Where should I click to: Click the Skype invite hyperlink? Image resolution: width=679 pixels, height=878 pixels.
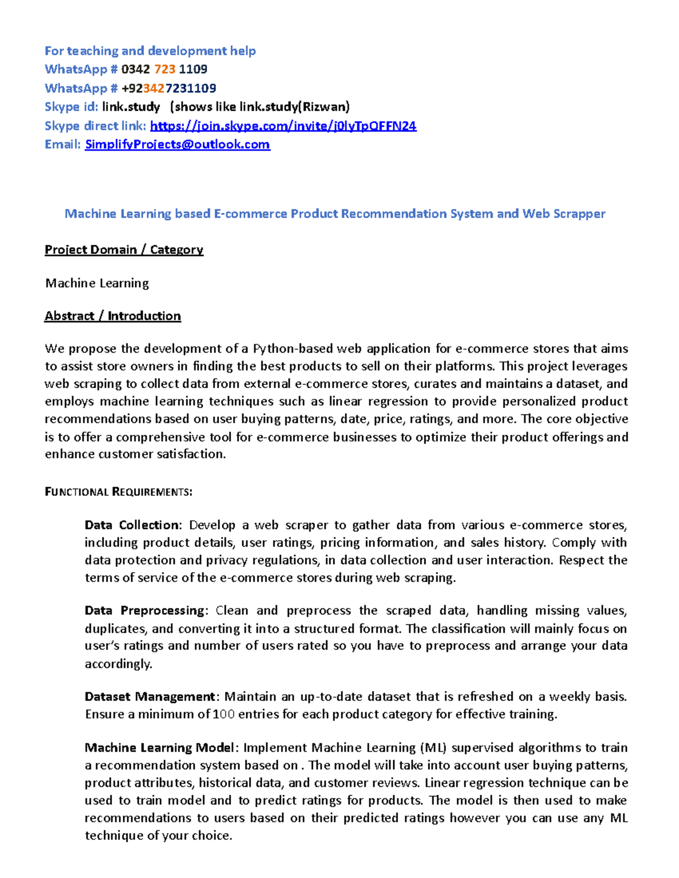(x=283, y=126)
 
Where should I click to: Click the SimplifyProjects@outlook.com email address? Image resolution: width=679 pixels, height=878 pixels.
(x=177, y=145)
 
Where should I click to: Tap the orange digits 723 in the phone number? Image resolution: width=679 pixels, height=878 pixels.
(x=165, y=70)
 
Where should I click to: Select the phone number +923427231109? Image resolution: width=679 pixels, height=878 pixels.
(x=169, y=88)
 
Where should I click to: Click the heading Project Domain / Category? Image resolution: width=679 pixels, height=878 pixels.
(x=124, y=250)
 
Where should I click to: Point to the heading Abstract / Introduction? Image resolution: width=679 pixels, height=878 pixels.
(x=113, y=316)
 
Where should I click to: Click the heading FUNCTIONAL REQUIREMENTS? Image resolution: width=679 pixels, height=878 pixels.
(x=118, y=492)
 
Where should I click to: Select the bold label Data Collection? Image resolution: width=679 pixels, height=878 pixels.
(x=132, y=525)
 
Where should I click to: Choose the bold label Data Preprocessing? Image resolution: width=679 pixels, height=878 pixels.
(x=145, y=611)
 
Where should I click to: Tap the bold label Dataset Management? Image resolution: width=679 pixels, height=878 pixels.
(x=150, y=697)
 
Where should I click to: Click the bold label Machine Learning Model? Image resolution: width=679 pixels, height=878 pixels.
(x=159, y=748)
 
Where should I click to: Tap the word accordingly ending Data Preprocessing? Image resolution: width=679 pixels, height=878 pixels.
(x=118, y=664)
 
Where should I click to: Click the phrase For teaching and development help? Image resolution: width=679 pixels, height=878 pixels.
(x=150, y=51)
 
